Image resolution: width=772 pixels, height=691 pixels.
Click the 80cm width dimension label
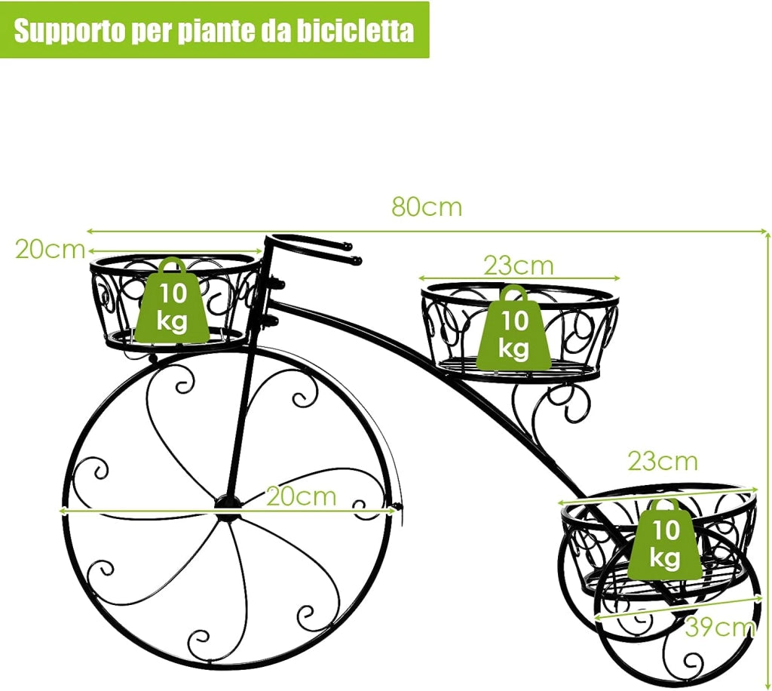pyautogui.click(x=427, y=207)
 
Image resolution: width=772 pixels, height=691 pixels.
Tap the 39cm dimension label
pyautogui.click(x=719, y=627)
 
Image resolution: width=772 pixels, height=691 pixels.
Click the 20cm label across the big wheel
pyautogui.click(x=302, y=496)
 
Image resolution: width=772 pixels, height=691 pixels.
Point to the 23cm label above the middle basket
pyautogui.click(x=519, y=266)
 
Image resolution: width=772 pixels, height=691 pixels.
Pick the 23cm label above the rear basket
pyautogui.click(x=663, y=462)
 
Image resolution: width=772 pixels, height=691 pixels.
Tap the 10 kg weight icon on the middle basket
pyautogui.click(x=514, y=327)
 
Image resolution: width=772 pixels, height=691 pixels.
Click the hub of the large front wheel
pyautogui.click(x=228, y=503)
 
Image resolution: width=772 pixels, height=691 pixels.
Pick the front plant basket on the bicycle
pyautogui.click(x=176, y=303)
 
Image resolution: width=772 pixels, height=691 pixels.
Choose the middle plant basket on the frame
pyautogui.click(x=520, y=333)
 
